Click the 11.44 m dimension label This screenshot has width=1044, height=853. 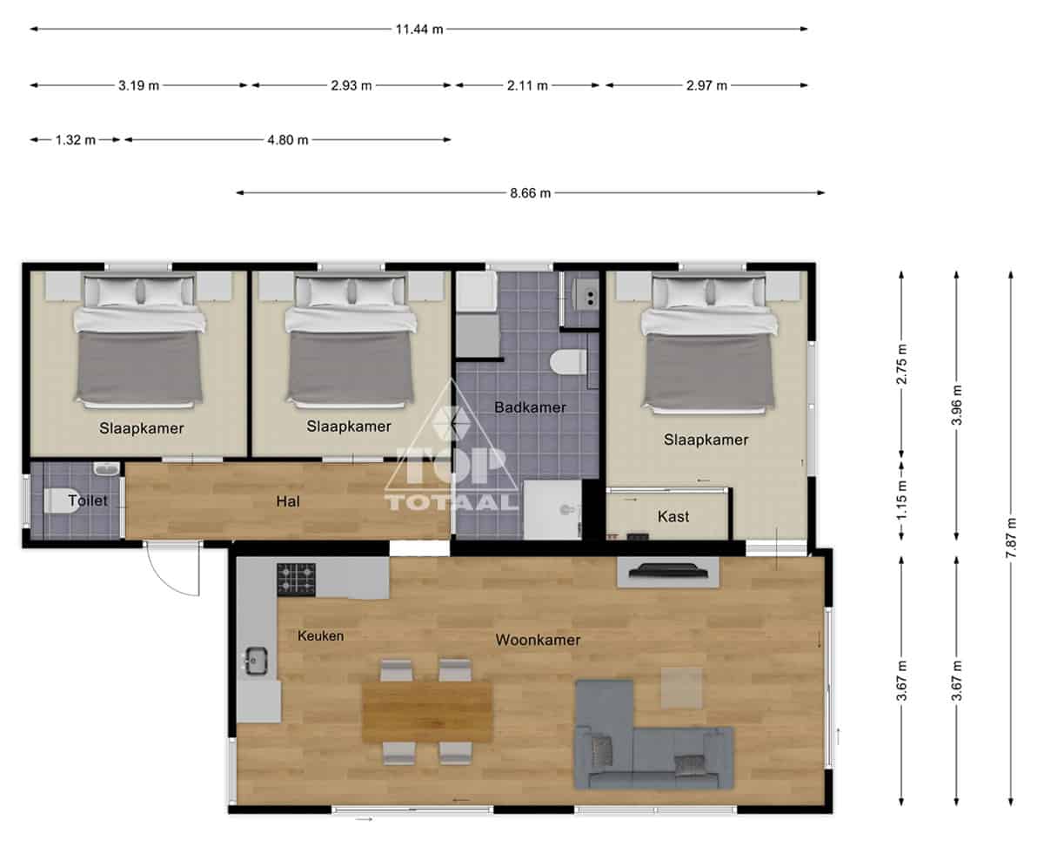pyautogui.click(x=418, y=30)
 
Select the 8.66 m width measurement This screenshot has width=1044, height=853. pyautogui.click(x=530, y=192)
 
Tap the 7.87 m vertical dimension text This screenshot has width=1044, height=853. pyautogui.click(x=1011, y=538)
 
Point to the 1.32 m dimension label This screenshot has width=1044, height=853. pyautogui.click(x=75, y=140)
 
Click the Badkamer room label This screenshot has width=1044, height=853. pyautogui.click(x=530, y=407)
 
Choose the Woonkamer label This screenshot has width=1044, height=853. pyautogui.click(x=538, y=640)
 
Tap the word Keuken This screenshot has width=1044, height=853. pyautogui.click(x=320, y=635)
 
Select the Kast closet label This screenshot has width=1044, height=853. pyautogui.click(x=673, y=517)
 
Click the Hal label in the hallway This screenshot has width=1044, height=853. pyautogui.click(x=288, y=501)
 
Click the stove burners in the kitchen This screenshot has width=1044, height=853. pyautogui.click(x=296, y=579)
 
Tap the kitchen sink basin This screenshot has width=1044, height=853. pyautogui.click(x=257, y=661)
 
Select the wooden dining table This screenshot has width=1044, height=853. pyautogui.click(x=427, y=712)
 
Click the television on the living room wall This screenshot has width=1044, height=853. pyautogui.click(x=668, y=570)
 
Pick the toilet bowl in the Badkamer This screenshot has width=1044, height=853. pyautogui.click(x=568, y=361)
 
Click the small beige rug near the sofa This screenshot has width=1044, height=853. pyautogui.click(x=681, y=688)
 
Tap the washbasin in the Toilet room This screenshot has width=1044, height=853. pyautogui.click(x=106, y=468)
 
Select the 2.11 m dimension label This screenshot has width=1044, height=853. pyautogui.click(x=527, y=85)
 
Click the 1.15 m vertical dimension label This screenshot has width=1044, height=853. pyautogui.click(x=901, y=500)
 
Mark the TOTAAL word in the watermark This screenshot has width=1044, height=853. pyautogui.click(x=452, y=502)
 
